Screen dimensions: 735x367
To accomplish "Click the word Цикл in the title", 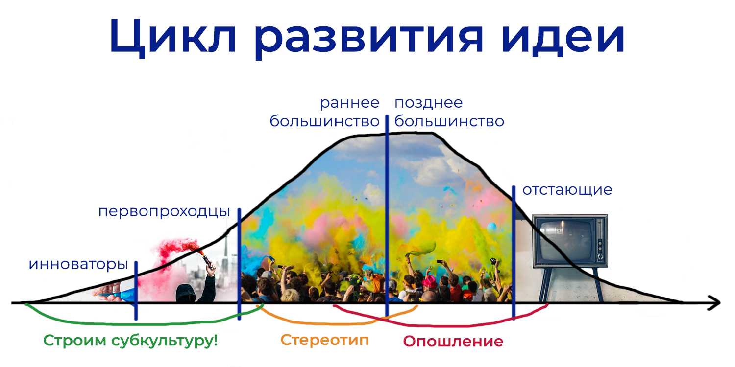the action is (x=172, y=37).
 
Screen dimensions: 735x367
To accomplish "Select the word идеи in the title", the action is (x=563, y=37).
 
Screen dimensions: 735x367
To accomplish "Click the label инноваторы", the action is (x=78, y=264).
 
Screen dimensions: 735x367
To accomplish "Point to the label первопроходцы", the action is (x=164, y=212).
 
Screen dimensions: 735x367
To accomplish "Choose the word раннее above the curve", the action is (x=349, y=103).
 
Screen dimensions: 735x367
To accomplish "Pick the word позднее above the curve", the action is (x=429, y=103).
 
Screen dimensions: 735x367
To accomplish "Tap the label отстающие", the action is (x=567, y=190).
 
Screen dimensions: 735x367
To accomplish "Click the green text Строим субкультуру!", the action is (x=130, y=341).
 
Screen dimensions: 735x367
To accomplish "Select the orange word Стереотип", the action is (x=324, y=341).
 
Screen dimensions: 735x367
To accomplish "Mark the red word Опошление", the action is (x=453, y=342).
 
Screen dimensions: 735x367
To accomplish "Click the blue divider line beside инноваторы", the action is (x=136, y=290).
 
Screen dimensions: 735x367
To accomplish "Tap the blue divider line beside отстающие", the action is (x=514, y=252).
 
